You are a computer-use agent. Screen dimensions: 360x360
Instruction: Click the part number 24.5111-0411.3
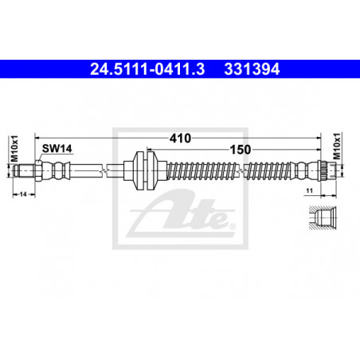coord(147,69)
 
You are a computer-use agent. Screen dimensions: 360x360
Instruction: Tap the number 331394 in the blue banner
coord(252,69)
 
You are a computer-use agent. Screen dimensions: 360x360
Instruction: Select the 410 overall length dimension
coord(180,139)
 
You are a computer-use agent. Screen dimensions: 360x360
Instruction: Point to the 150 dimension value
coord(240,150)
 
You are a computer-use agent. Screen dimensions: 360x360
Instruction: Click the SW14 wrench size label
coord(57,149)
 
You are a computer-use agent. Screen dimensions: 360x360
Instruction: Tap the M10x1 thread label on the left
coord(14,148)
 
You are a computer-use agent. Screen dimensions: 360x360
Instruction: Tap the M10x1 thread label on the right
coord(337,146)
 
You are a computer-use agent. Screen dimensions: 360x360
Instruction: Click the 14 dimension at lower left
coord(23,194)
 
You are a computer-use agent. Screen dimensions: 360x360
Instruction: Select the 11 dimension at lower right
coord(309,190)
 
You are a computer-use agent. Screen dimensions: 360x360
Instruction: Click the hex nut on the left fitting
coord(37,171)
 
